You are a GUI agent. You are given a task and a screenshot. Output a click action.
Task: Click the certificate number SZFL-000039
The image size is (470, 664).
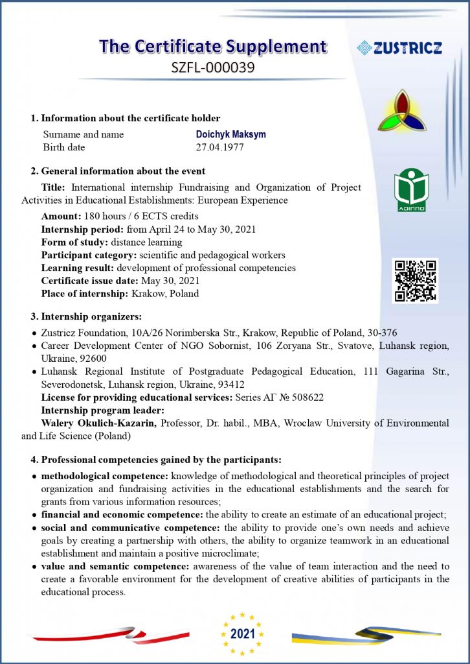click(212, 66)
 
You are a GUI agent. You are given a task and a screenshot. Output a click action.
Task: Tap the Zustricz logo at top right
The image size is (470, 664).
click(399, 47)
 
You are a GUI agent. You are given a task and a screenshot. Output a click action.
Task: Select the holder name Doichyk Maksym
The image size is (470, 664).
click(230, 134)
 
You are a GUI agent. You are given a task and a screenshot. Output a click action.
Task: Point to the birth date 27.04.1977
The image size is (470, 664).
click(220, 147)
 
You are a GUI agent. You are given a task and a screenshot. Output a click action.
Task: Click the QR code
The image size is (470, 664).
click(415, 281)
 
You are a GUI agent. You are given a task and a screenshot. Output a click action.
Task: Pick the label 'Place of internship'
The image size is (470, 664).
click(84, 293)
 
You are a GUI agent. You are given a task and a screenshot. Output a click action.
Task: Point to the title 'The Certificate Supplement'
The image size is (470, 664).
click(212, 47)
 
